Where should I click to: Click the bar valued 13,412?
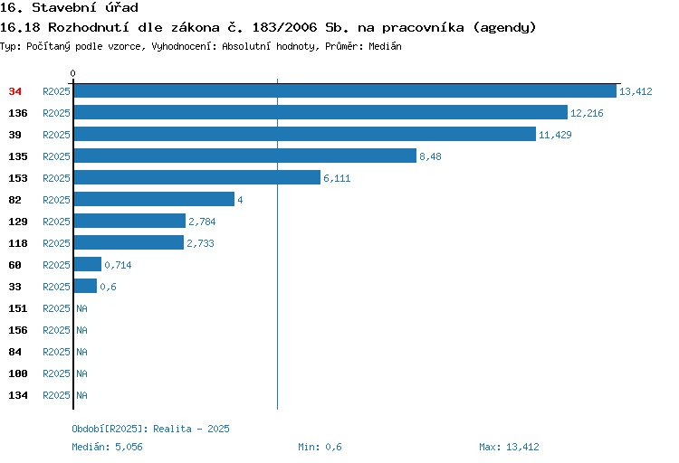point(345,90)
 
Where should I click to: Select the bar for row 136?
point(320,112)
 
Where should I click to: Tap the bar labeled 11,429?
point(305,134)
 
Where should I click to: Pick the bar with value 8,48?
point(245,156)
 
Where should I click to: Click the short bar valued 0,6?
point(85,286)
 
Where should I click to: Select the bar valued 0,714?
point(88,264)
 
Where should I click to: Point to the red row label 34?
point(14,91)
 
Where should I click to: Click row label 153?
point(18,178)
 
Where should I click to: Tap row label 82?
point(14,200)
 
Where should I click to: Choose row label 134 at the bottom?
point(18,395)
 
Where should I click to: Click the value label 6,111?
point(337,178)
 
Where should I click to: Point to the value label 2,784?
point(202,222)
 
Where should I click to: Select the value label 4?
point(240,200)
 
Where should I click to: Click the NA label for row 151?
point(81,308)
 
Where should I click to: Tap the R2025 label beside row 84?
point(56,352)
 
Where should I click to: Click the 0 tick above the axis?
point(72,73)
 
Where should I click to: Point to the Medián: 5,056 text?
point(107,447)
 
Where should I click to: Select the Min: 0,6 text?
point(320,447)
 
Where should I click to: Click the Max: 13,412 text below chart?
point(509,447)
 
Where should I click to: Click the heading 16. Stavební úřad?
point(69,7)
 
